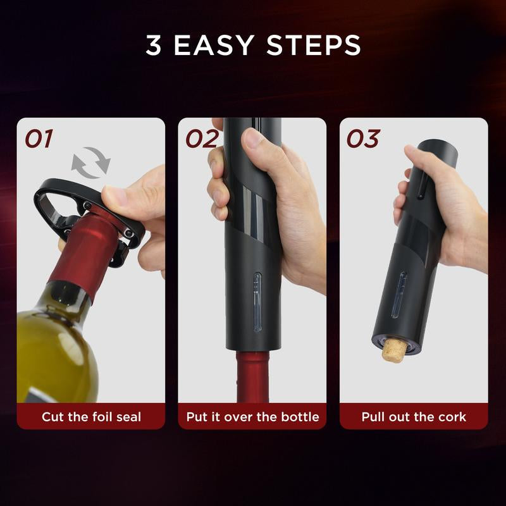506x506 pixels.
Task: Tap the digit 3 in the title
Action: tap(153, 46)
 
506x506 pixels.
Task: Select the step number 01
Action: tap(39, 139)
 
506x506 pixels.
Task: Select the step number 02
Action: tap(201, 139)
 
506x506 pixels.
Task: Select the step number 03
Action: tap(362, 139)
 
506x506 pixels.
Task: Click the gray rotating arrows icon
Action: tap(90, 163)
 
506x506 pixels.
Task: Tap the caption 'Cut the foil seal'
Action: tap(91, 417)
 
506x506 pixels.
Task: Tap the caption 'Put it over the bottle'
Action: tap(252, 417)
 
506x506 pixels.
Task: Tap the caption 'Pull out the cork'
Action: tap(414, 417)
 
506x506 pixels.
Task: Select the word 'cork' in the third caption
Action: tap(452, 417)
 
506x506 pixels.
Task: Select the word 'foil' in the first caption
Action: tap(102, 417)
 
